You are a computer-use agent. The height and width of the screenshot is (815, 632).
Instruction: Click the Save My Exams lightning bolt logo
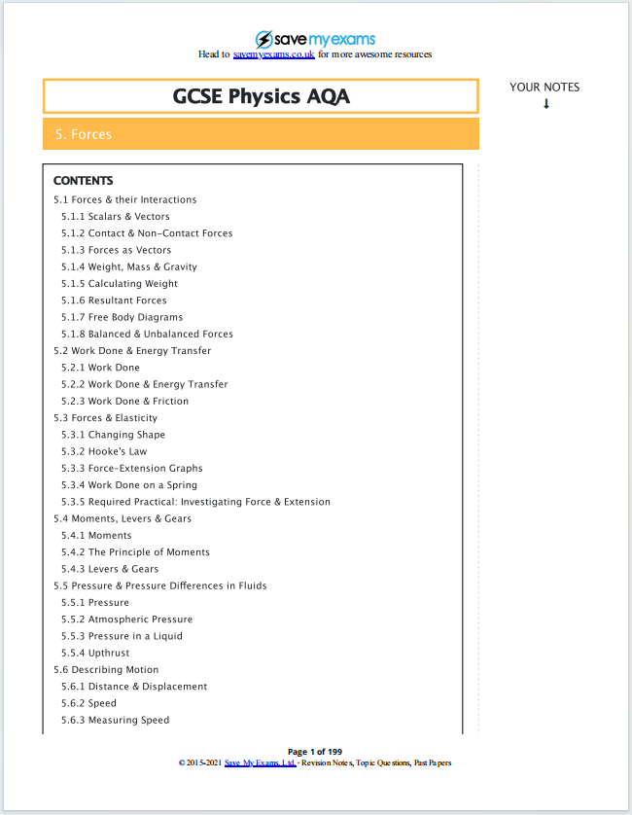click(264, 39)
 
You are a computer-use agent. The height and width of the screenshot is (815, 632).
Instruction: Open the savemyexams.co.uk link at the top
click(273, 54)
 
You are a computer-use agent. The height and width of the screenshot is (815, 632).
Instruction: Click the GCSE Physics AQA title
click(261, 96)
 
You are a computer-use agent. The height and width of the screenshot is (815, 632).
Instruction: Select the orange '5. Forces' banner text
click(84, 134)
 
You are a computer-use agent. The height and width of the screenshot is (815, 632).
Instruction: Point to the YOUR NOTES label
click(544, 88)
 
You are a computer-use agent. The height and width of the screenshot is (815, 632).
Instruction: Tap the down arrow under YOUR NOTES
click(546, 104)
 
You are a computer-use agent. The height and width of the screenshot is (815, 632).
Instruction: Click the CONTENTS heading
click(83, 181)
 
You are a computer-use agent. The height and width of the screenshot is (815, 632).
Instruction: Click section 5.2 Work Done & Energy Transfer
click(132, 351)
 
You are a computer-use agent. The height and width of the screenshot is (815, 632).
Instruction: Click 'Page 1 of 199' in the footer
click(315, 751)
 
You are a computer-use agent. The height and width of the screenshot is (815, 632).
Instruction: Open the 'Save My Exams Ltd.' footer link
click(260, 762)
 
